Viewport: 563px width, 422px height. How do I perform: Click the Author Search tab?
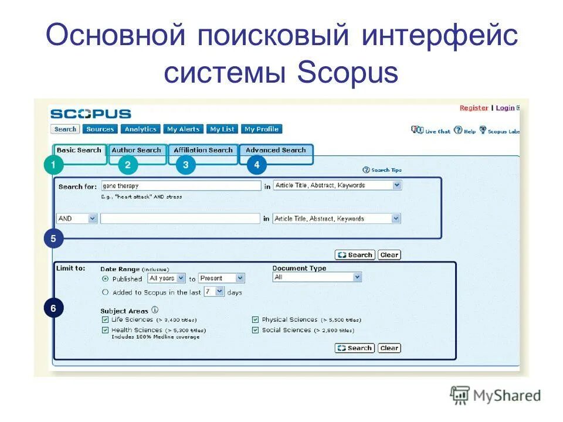point(136,150)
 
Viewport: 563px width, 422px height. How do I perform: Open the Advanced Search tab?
point(276,150)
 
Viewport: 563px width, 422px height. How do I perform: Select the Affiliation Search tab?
point(203,150)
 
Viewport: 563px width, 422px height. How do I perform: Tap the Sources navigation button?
point(100,129)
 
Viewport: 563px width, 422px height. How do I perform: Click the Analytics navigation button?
point(141,129)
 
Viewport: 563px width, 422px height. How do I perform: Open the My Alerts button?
point(184,129)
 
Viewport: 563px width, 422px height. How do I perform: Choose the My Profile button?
point(262,129)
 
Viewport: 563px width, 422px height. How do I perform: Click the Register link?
point(473,108)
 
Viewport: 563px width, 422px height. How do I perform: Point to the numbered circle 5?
point(53,239)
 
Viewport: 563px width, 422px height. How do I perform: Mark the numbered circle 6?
point(53,308)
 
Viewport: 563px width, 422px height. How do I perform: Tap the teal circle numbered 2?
point(127,165)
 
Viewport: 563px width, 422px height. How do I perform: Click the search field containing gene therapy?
point(181,185)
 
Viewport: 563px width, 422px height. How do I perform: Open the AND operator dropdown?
point(76,218)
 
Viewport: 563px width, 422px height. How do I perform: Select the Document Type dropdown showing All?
point(317,277)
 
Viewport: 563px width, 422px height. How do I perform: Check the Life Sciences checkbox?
point(106,320)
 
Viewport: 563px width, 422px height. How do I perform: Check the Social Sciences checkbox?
point(256,331)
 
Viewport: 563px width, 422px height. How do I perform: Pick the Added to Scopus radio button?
point(106,292)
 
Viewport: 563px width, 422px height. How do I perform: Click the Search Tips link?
point(382,170)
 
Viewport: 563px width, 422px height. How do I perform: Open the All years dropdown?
point(167,278)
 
